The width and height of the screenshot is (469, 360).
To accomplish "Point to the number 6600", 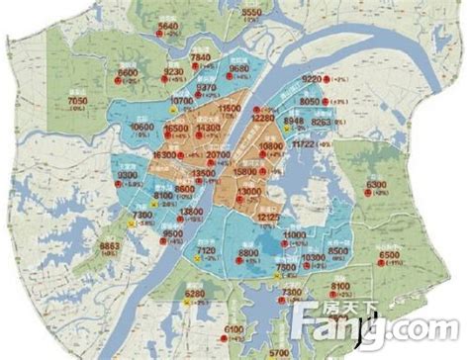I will coord(128,74).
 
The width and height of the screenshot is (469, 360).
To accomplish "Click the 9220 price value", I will coord(313,78).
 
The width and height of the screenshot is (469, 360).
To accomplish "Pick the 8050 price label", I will coord(310,101).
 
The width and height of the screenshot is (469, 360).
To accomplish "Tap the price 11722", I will coord(306,144).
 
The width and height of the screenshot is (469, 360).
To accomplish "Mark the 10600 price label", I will coord(142,130).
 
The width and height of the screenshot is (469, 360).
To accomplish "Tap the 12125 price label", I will coord(270,215).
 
